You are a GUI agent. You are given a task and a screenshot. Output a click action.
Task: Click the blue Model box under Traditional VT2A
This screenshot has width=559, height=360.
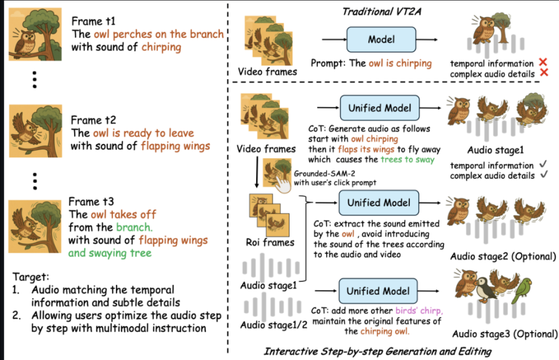pos(381,39)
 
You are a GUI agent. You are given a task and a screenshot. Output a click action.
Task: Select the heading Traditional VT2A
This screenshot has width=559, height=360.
pos(381,12)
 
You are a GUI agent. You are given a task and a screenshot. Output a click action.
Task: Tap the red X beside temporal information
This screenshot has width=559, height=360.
pos(543,62)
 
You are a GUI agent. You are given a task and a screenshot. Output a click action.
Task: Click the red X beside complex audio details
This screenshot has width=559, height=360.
pos(544,72)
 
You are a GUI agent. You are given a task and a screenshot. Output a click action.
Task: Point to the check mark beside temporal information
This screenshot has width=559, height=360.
pos(543,164)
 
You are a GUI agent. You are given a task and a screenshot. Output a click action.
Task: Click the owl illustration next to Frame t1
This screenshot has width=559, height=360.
pos(36,34)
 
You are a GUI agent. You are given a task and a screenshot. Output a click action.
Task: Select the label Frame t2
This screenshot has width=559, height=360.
pos(93,120)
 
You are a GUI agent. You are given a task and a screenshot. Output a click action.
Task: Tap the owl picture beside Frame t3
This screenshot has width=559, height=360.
pos(35,227)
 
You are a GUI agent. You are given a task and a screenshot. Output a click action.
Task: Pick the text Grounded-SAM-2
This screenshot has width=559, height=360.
pos(324,174)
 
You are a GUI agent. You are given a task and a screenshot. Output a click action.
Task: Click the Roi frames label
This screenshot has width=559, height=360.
pos(270,242)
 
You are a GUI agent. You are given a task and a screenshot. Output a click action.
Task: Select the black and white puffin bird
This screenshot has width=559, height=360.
pos(485,288)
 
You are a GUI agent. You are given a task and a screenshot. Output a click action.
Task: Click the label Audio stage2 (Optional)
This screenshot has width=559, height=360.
pos(503,256)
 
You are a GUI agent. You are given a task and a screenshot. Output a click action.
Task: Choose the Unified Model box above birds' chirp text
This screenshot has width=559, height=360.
pos(378,291)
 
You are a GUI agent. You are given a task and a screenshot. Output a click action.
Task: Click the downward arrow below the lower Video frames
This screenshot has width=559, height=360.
pos(257,172)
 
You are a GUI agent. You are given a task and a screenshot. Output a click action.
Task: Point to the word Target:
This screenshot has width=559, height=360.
pos(31,277)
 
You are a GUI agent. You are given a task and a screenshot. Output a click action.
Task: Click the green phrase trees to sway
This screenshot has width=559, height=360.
pos(408,159)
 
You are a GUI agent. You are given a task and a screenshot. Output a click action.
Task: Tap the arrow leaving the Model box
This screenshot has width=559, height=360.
pos(427,40)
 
